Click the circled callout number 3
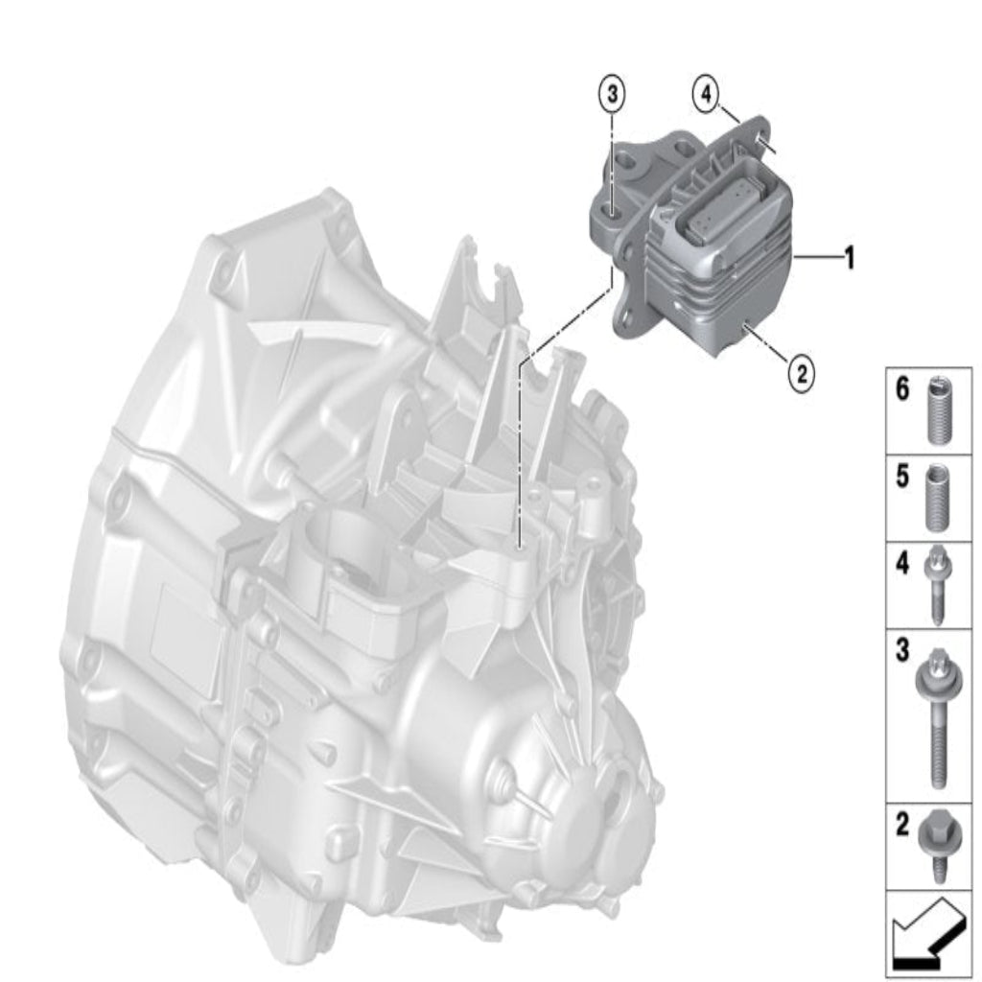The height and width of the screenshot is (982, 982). click(612, 95)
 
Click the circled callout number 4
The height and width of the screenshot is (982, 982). click(706, 95)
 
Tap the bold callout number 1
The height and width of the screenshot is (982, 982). click(850, 257)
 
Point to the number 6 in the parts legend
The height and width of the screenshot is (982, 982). click(901, 389)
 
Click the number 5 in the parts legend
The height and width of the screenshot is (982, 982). click(901, 477)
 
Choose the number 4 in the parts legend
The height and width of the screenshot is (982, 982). click(901, 564)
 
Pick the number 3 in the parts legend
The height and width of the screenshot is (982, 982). click(901, 650)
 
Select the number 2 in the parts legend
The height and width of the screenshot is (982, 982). click(901, 825)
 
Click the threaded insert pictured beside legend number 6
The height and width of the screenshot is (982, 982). click(936, 410)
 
